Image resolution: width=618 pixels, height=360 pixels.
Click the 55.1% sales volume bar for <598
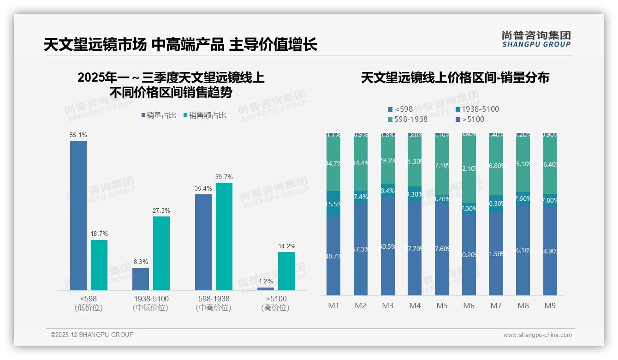[78, 215]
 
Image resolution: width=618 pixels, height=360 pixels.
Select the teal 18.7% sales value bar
[99, 265]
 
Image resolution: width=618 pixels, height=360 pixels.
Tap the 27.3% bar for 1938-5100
[161, 253]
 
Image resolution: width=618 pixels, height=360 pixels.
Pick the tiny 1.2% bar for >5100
[266, 289]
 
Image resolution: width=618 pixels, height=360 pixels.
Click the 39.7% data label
[224, 177]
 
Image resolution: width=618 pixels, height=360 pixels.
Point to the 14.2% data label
[286, 246]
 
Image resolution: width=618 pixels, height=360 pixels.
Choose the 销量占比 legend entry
[159, 115]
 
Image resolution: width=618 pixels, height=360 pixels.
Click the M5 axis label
[442, 306]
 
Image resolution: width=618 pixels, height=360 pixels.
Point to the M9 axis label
[550, 306]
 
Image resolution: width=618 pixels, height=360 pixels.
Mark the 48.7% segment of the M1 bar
[333, 256]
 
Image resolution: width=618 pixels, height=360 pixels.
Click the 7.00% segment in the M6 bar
[469, 208]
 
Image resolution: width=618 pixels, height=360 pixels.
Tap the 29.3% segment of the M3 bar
[388, 160]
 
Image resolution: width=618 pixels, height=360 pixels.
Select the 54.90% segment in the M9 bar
[550, 251]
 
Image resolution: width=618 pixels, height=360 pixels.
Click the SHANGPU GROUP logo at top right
[536, 39]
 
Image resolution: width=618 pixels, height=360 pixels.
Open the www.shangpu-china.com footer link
[537, 335]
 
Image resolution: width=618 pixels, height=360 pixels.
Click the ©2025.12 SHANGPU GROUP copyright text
[92, 335]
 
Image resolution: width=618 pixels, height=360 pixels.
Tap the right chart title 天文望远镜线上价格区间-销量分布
[455, 78]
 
